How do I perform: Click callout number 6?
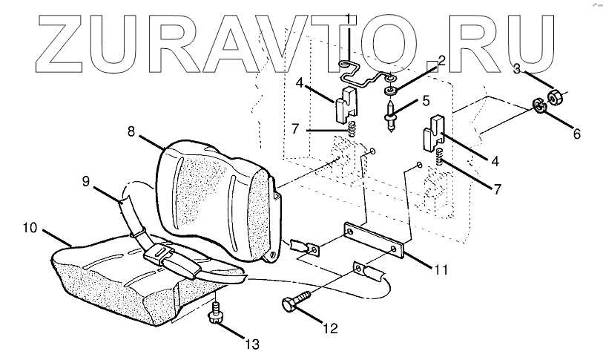click(576, 134)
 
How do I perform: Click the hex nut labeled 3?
click(556, 96)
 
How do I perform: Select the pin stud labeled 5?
click(391, 115)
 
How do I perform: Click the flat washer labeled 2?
click(389, 91)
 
